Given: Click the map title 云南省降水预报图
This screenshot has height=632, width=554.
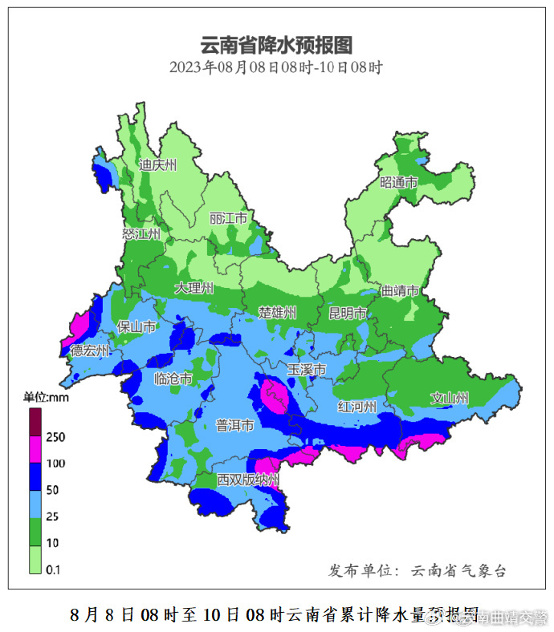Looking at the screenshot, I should click(x=276, y=45).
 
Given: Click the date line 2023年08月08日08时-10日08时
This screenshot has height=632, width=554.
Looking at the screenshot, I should click(x=276, y=67).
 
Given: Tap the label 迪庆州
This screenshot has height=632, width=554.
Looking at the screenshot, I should click(x=157, y=165).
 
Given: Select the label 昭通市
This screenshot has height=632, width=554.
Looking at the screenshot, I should click(x=399, y=182).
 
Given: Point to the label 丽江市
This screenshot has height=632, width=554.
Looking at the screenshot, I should click(x=229, y=218).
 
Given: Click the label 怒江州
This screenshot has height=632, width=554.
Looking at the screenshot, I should click(x=141, y=233).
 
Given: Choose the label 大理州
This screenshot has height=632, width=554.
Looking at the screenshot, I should click(x=195, y=288).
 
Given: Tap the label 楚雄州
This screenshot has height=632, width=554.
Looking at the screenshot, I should click(x=278, y=312).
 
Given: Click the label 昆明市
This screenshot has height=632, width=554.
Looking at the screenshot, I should click(x=348, y=312).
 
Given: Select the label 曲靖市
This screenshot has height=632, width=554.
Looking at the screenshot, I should click(x=400, y=291).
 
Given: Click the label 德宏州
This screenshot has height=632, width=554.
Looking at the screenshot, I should click(x=90, y=350).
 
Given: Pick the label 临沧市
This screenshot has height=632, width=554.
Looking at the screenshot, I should click(x=173, y=379).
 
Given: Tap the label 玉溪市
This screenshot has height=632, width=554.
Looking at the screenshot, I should click(x=307, y=370).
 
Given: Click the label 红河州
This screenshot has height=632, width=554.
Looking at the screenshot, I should click(x=357, y=407).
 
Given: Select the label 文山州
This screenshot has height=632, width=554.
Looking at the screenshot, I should click(x=450, y=397).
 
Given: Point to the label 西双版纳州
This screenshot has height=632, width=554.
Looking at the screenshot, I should click(x=247, y=480).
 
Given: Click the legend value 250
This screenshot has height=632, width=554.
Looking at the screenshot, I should click(x=56, y=437).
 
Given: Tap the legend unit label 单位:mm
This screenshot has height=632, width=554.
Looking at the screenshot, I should click(x=47, y=397).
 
